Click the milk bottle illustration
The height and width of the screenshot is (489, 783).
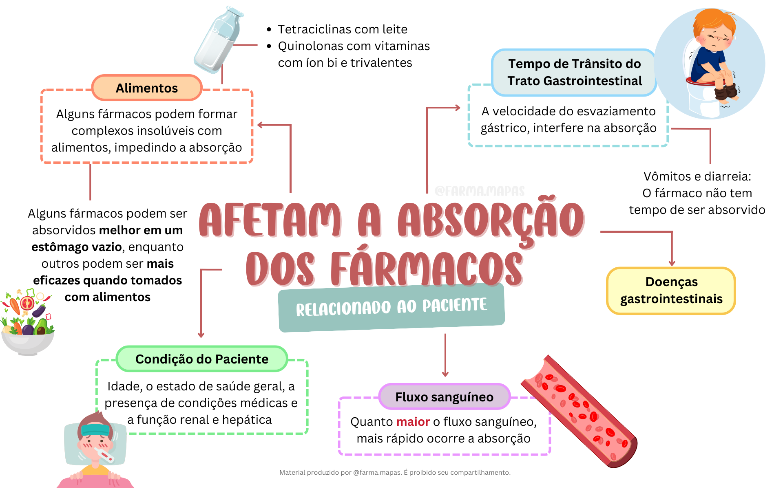pyautogui.click(x=218, y=40)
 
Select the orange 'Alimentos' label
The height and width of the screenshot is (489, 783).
pyautogui.click(x=147, y=88)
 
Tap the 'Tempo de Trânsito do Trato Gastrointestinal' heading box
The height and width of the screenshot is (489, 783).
pyautogui.click(x=574, y=73)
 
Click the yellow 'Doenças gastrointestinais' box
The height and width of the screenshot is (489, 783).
pyautogui.click(x=671, y=291)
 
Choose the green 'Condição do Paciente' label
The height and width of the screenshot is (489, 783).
pyautogui.click(x=202, y=359)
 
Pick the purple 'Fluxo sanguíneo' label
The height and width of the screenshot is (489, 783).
pyautogui.click(x=445, y=396)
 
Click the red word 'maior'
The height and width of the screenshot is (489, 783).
pyautogui.click(x=413, y=421)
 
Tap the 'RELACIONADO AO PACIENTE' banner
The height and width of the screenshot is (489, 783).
pyautogui.click(x=391, y=307)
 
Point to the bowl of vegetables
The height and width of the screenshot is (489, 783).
pyautogui.click(x=27, y=322)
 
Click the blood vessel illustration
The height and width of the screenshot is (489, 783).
pyautogui.click(x=579, y=412)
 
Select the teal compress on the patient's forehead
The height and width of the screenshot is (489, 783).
pyautogui.click(x=95, y=430)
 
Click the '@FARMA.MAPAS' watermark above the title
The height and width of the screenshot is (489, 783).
pyautogui.click(x=480, y=191)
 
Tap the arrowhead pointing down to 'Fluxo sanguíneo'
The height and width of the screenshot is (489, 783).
pyautogui.click(x=445, y=374)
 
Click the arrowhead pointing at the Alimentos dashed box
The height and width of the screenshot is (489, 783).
pyautogui.click(x=260, y=125)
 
